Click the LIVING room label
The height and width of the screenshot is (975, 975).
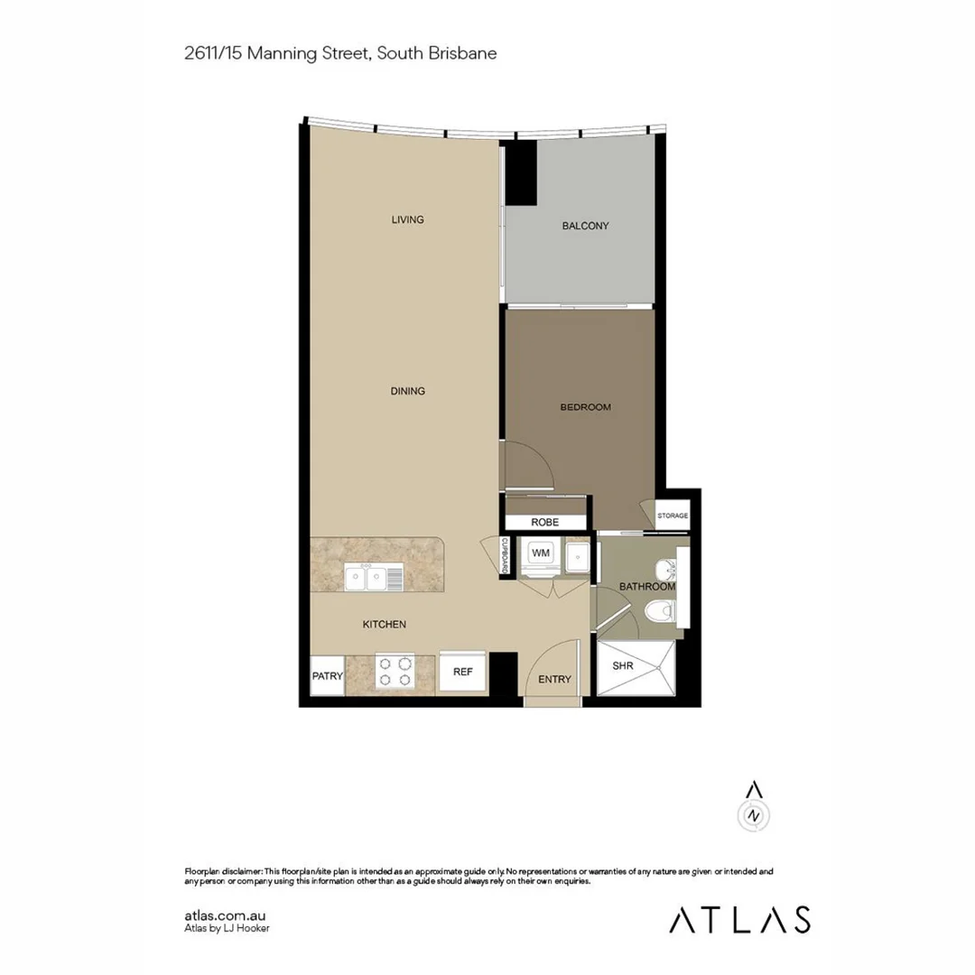[407, 219]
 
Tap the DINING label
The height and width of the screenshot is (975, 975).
[407, 391]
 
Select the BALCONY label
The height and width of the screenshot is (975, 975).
[585, 226]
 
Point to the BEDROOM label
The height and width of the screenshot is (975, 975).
[585, 407]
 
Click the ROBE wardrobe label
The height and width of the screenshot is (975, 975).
[544, 523]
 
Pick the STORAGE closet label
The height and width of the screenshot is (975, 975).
[673, 515]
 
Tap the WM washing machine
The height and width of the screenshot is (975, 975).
[542, 552]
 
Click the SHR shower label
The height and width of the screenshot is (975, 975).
[623, 665]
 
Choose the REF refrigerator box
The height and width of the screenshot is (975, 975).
[462, 673]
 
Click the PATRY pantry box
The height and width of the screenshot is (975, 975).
[326, 675]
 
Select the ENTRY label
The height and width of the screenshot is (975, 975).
[554, 679]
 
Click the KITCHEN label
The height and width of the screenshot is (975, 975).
[384, 624]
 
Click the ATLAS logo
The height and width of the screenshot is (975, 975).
[738, 919]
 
